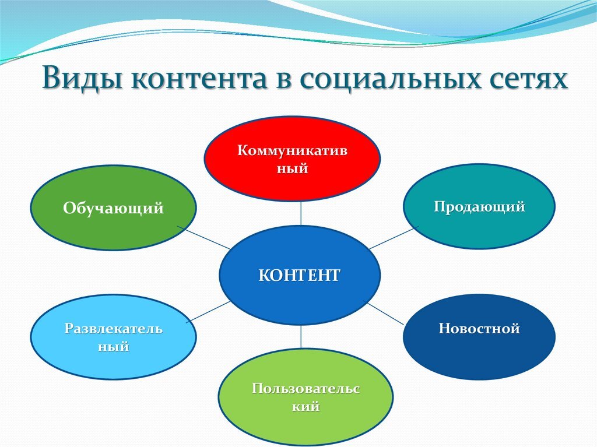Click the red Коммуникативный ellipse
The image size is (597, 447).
(x=292, y=159)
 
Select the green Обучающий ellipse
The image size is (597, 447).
(x=114, y=207)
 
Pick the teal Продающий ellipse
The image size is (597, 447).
(x=479, y=206)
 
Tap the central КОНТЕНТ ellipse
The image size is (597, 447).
(x=300, y=275)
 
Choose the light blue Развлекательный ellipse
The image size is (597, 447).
(x=114, y=337)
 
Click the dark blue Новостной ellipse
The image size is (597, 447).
(x=479, y=337)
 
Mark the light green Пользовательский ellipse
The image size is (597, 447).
(x=305, y=397)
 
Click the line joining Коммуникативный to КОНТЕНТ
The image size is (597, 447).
(x=301, y=213)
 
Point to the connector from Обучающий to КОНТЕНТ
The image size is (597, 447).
(x=204, y=238)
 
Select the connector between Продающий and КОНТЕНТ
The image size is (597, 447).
(x=394, y=238)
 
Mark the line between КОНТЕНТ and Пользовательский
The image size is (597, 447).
(x=301, y=337)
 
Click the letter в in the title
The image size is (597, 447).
(x=283, y=80)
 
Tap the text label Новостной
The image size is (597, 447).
(x=479, y=329)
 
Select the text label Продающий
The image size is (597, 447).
(x=479, y=207)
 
